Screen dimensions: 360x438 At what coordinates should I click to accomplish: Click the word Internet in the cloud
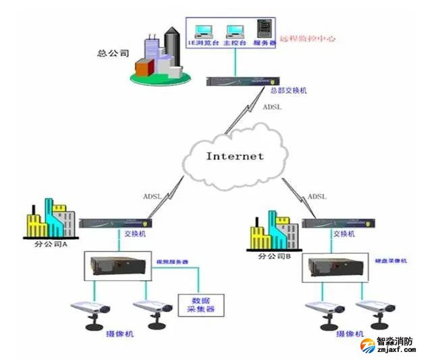tap(235, 156)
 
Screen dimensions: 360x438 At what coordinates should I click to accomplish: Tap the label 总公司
tap(113, 52)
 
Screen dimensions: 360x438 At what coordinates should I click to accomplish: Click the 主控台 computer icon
tap(234, 32)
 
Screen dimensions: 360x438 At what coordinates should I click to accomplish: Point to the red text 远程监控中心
tap(307, 38)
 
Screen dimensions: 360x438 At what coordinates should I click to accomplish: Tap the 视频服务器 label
tap(172, 261)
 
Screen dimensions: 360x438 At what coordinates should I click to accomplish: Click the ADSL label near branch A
tap(152, 197)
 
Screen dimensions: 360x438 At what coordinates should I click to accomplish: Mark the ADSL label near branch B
tap(317, 197)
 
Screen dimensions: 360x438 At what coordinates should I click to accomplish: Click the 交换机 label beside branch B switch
tap(344, 234)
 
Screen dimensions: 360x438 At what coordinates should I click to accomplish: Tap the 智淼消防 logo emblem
tap(367, 345)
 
